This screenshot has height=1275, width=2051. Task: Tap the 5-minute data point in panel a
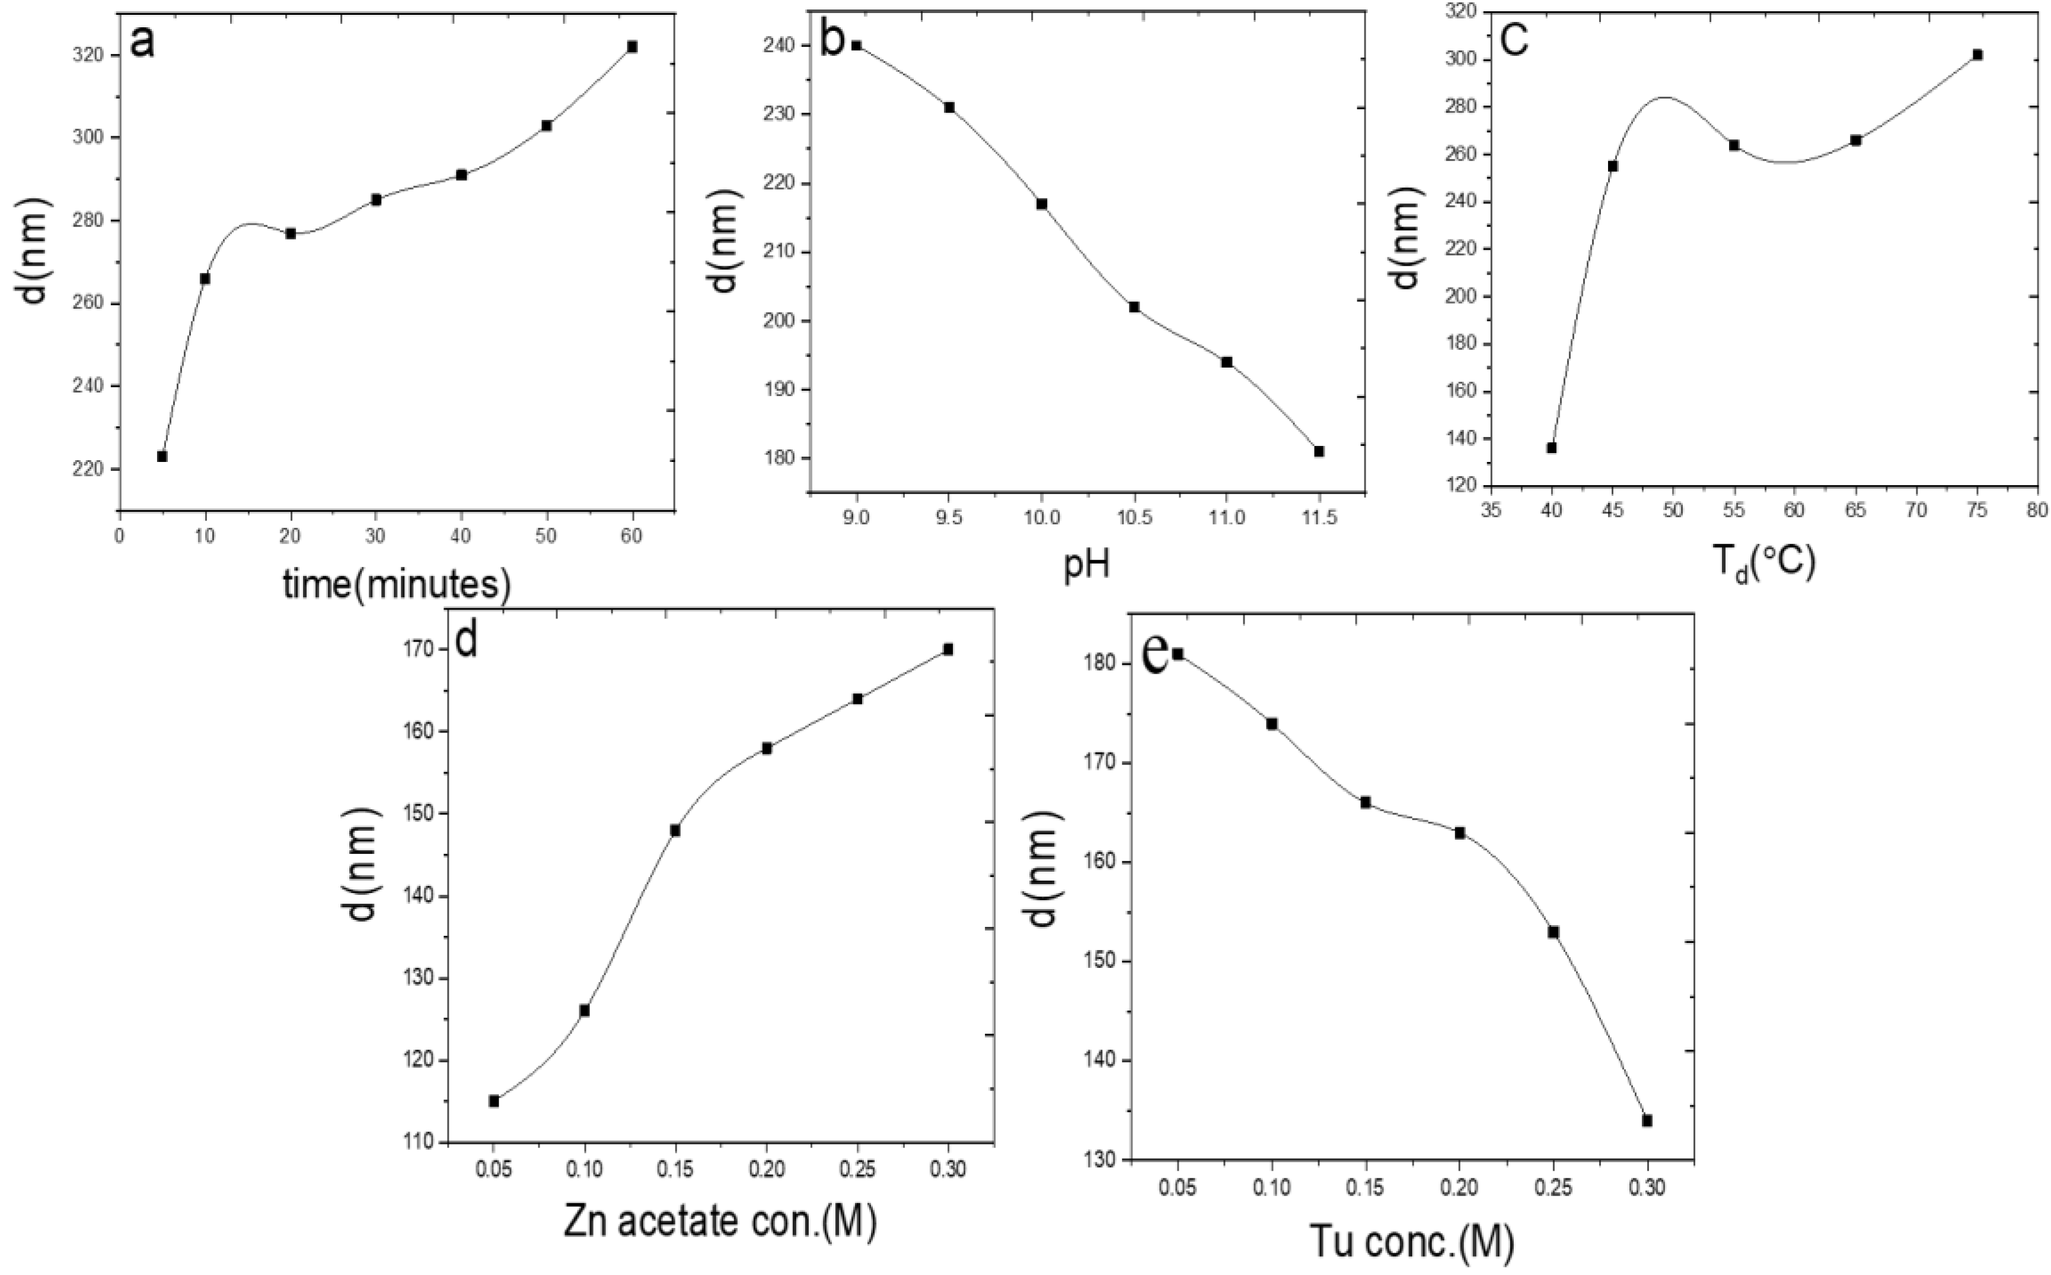point(162,456)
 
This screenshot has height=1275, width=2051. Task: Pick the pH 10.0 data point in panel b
point(1042,204)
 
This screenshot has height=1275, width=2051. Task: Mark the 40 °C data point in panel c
point(1552,448)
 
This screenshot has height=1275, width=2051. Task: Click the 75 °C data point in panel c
point(1977,55)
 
